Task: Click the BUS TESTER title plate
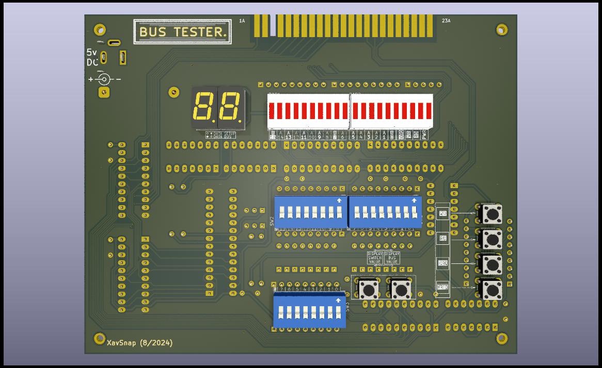182,32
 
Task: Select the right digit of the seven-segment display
231,106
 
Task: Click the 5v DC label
92,57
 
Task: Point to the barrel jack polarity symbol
104,79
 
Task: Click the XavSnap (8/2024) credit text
139,342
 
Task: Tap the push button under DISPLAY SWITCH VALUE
368,289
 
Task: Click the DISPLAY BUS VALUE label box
392,258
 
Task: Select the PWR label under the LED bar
425,135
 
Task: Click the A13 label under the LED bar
288,135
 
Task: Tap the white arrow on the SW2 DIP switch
339,200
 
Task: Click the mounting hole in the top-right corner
501,29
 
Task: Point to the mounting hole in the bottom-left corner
100,338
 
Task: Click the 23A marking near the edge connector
446,21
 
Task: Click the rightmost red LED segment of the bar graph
428,110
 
